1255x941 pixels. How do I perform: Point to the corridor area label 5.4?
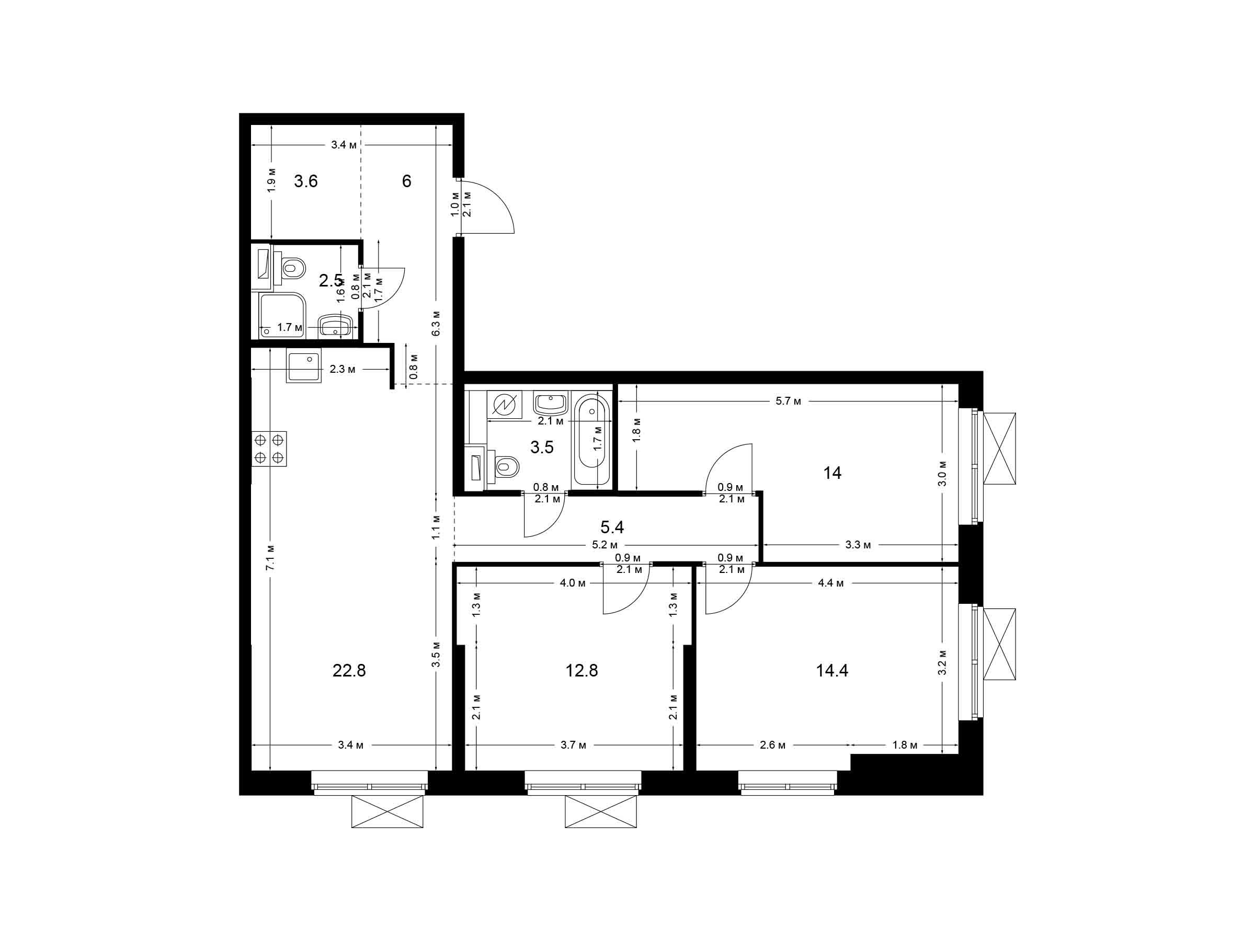[612, 527]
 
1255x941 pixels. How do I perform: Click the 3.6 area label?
[305, 181]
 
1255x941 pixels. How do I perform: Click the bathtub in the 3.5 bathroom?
[592, 440]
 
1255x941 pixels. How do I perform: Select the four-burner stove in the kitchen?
[269, 449]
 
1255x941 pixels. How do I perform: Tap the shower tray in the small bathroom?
[283, 315]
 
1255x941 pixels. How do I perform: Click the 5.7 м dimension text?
[788, 401]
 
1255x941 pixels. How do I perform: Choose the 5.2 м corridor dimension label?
[605, 545]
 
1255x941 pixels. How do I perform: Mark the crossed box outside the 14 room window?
[999, 449]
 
